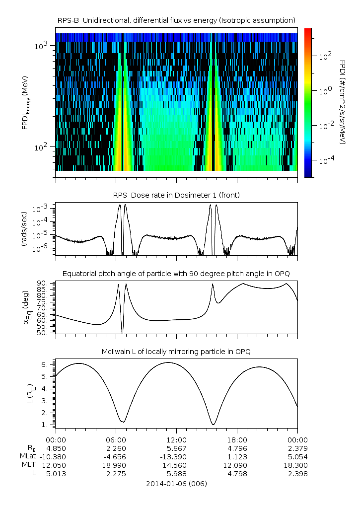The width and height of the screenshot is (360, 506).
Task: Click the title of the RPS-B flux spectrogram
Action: (176, 20)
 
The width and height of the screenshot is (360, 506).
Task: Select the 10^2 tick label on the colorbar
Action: (325, 57)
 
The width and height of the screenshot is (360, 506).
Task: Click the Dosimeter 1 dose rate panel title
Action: (176, 195)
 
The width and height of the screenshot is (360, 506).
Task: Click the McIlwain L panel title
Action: (176, 352)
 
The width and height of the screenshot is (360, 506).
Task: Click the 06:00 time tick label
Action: (116, 440)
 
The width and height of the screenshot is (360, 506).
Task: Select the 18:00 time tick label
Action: (237, 440)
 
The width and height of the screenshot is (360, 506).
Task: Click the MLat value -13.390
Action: (176, 456)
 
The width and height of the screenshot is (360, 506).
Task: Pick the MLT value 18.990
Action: (116, 465)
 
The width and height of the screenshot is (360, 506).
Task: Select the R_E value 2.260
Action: (116, 448)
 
